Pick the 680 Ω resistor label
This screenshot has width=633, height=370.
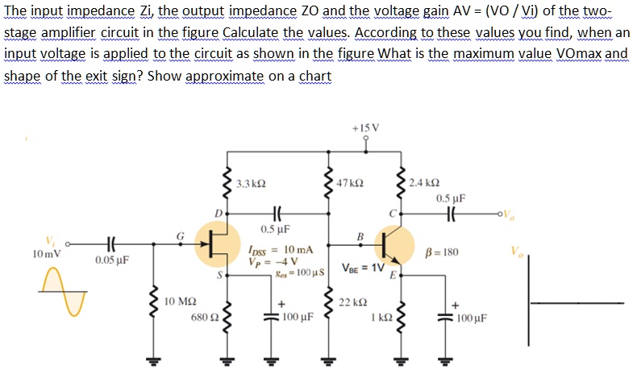(x=202, y=318)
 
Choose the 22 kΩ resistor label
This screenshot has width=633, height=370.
(x=356, y=301)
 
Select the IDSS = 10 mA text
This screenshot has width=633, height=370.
(x=277, y=252)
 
